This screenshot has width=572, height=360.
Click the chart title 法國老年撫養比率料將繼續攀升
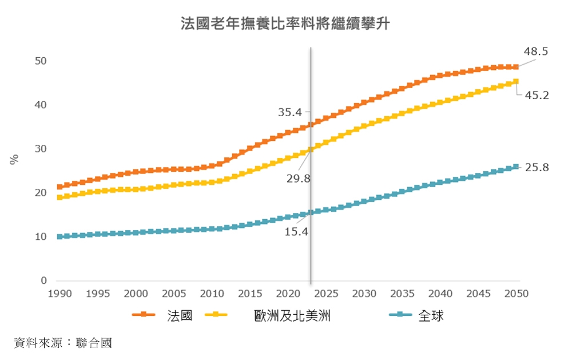pos(285,24)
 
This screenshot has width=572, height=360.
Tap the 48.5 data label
pos(536,52)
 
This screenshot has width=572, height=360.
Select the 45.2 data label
pos(537,96)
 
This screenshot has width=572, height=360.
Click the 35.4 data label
pos(290,113)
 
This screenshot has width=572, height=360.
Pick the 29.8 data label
pos(298,179)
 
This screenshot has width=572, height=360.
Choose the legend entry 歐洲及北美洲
pos(292,315)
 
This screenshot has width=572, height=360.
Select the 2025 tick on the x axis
pos(327,294)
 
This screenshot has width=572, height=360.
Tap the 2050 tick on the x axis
pos(517,294)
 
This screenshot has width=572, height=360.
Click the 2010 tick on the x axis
pos(212,294)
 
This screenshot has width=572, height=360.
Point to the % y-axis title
pos(15,159)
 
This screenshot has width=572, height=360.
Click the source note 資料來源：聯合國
pos(63,343)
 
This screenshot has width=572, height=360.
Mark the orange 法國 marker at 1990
pos(60,187)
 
